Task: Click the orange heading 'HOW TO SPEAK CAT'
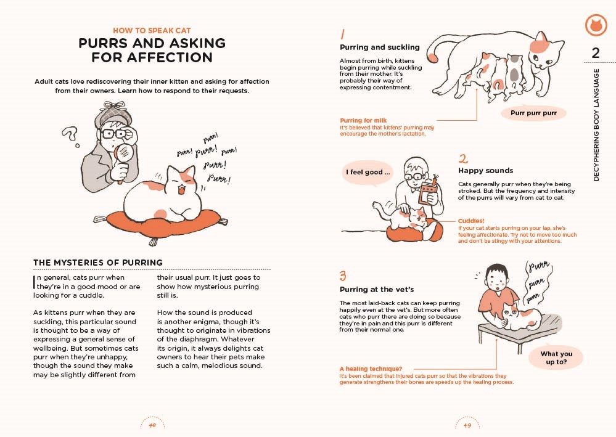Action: tap(152, 30)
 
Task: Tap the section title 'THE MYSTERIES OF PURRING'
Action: tap(98, 263)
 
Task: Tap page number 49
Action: tap(467, 425)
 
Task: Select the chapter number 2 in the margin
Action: tap(595, 53)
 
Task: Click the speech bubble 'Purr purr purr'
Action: tap(533, 113)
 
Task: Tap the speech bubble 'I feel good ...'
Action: tap(368, 173)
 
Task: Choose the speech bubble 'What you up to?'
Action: tap(556, 358)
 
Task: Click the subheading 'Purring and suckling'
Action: tap(379, 47)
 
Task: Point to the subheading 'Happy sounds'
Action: tap(485, 170)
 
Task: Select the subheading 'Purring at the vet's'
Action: tap(376, 289)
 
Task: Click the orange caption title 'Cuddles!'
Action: tap(471, 221)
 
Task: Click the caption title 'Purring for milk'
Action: tap(363, 120)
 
